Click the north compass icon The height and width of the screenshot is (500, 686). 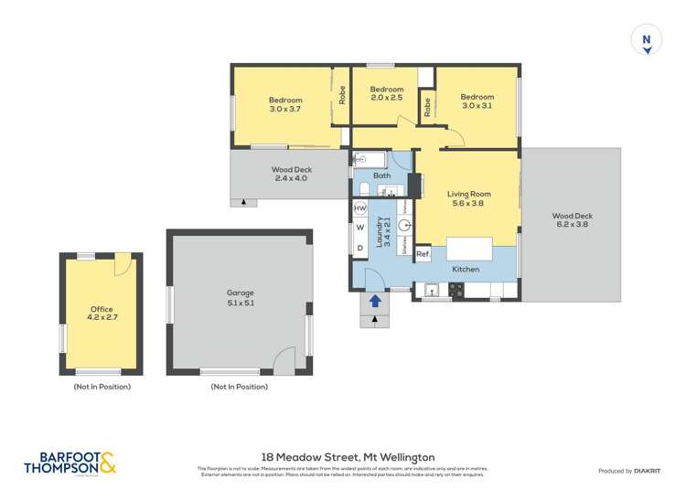pos(648,41)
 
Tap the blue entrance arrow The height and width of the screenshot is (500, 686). pos(375,301)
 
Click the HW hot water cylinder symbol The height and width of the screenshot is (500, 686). pos(359,209)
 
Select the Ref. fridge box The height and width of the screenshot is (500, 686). pos(423,254)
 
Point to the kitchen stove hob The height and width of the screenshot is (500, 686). pos(456,291)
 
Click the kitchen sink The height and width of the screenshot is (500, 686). pos(433,291)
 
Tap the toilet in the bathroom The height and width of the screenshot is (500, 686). pos(362,189)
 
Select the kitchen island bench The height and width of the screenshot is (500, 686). pos(468,249)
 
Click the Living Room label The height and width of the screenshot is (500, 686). pos(468,198)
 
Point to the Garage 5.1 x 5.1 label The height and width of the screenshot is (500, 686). pos(241,298)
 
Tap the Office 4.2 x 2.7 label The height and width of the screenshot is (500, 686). pos(101,314)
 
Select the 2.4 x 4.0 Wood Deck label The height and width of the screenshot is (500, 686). pos(290,174)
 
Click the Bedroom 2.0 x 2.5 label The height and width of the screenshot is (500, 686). pos(386,93)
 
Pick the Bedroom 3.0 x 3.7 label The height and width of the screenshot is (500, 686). pos(284,104)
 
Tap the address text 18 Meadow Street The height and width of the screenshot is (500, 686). pos(348,457)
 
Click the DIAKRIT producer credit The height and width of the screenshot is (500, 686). pos(627,471)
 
